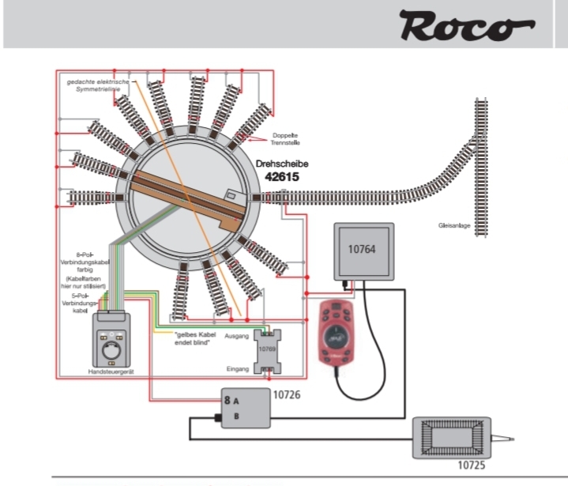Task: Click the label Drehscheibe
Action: [x=283, y=164]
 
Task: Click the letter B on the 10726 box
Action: [x=235, y=416]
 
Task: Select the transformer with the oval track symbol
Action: [x=452, y=438]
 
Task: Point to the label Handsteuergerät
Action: [x=112, y=371]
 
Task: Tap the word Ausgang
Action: [x=238, y=337]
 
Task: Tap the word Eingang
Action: [x=238, y=367]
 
